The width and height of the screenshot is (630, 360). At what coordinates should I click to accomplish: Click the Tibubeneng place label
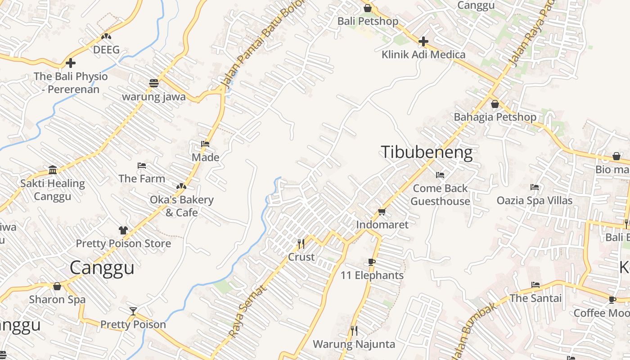(427, 152)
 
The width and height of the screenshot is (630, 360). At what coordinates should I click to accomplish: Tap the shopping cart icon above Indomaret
(382, 211)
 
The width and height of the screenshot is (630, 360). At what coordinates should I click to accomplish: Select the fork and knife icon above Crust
(301, 244)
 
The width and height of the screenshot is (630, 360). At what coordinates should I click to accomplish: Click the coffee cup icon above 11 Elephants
(372, 262)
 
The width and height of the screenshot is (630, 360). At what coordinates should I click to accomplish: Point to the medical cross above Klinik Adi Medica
(423, 41)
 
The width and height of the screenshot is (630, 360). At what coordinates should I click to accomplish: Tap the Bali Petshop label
(368, 21)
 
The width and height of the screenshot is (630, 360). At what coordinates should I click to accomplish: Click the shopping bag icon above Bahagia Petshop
(495, 104)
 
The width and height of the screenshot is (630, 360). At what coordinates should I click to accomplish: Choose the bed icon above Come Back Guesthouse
(440, 175)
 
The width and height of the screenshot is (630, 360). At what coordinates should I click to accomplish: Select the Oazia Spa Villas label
(534, 200)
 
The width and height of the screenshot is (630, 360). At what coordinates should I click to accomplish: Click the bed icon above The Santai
(535, 284)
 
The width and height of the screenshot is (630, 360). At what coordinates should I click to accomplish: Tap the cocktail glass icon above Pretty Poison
(133, 311)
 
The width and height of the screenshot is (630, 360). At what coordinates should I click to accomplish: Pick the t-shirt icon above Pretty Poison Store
(123, 230)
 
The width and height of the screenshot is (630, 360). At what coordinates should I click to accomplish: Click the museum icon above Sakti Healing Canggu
(53, 170)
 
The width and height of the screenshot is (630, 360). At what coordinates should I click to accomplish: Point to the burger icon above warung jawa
(154, 83)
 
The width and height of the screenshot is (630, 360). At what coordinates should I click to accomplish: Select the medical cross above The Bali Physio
(71, 63)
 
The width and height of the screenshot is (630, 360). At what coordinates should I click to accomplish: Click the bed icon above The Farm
(142, 166)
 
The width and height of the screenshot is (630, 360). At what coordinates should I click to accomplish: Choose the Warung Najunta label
(354, 344)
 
